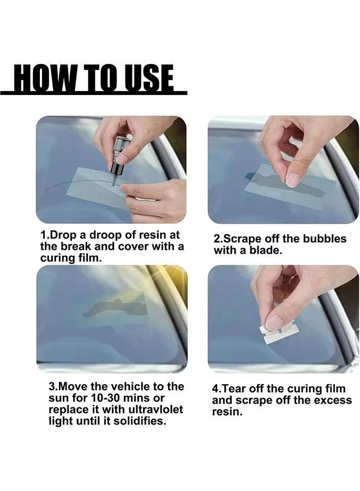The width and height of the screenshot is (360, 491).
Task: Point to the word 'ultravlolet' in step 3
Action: (152, 409)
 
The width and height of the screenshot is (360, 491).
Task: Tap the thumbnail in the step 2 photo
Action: (293, 179)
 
